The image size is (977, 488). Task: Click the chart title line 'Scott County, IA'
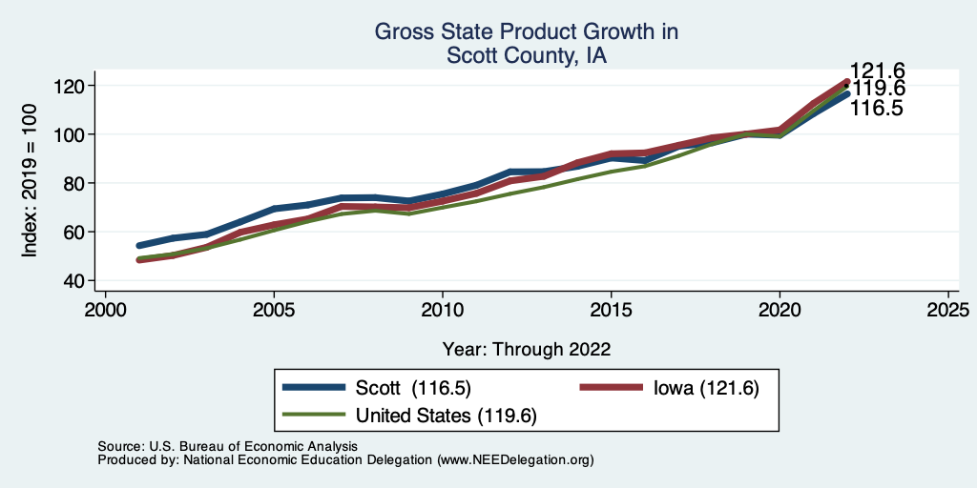tap(527, 56)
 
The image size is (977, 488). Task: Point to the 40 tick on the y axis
tap(76, 280)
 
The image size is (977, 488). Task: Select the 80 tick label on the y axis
tap(76, 183)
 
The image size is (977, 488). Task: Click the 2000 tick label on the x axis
tap(105, 311)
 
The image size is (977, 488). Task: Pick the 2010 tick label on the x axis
tap(442, 311)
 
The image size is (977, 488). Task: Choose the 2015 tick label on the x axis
tap(611, 311)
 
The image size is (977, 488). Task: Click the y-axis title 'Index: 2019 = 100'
tap(30, 183)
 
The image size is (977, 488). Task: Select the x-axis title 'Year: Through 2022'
tap(527, 349)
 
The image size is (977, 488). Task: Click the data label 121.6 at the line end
tap(878, 71)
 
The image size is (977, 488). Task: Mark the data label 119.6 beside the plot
tap(878, 90)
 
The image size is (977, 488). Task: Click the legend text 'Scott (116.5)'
tap(413, 388)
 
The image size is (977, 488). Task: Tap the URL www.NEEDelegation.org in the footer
tap(515, 459)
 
